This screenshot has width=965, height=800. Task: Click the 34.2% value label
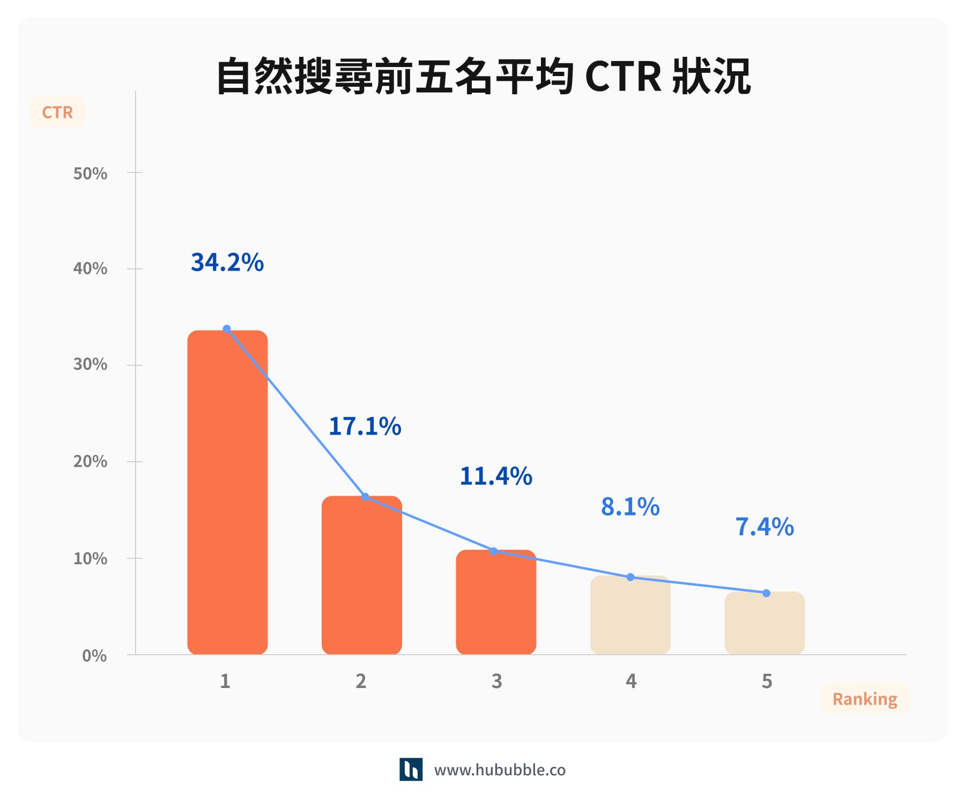coord(227,263)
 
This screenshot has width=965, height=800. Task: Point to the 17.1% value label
coord(365,427)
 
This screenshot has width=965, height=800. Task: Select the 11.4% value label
coord(496,476)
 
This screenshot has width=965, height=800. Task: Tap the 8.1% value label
coord(630,507)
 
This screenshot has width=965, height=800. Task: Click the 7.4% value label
coord(764,527)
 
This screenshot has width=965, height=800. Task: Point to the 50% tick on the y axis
coord(90,174)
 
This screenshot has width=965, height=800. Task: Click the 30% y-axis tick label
coord(90,365)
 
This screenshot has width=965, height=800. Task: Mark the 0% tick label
coord(94,656)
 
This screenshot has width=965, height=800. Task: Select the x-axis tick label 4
coord(631,682)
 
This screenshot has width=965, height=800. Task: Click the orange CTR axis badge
coord(57,113)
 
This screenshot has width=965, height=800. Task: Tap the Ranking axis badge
coord(865,699)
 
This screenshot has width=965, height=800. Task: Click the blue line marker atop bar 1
coord(227,329)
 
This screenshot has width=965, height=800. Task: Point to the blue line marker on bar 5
coord(766,593)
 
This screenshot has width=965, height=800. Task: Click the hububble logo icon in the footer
coord(411,769)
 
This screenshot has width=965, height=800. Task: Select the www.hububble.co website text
coord(500,771)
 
